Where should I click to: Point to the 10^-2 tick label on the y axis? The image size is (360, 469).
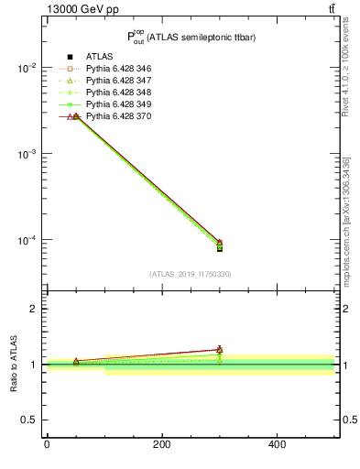(x=29, y=69)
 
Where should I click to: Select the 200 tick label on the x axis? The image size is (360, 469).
(x=161, y=445)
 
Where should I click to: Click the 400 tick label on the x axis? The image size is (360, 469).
(x=277, y=445)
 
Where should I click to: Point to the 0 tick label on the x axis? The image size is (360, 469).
(x=47, y=445)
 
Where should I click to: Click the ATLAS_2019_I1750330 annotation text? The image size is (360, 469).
(x=191, y=274)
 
